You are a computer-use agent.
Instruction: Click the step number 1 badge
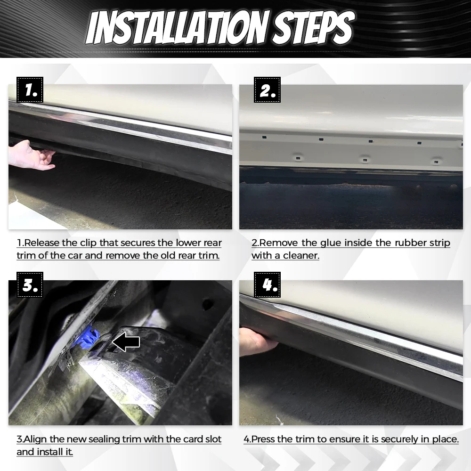pyautogui.click(x=30, y=89)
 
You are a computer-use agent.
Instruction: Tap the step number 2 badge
pyautogui.click(x=267, y=89)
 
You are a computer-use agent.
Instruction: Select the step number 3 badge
pyautogui.click(x=30, y=284)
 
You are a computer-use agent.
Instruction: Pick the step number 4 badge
pyautogui.click(x=267, y=284)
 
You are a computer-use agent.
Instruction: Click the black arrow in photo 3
pyautogui.click(x=126, y=341)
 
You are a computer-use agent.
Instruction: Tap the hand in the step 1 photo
pyautogui.click(x=31, y=155)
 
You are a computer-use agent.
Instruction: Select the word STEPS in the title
pyautogui.click(x=313, y=28)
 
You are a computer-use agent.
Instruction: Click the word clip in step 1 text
pyautogui.click(x=89, y=243)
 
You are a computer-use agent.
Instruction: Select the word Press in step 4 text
pyautogui.click(x=263, y=439)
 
